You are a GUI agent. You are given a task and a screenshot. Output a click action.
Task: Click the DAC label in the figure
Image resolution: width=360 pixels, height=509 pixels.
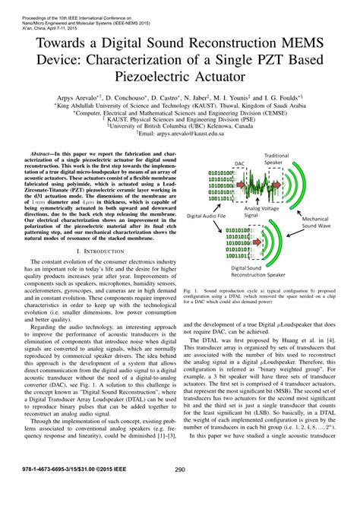(238, 163)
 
